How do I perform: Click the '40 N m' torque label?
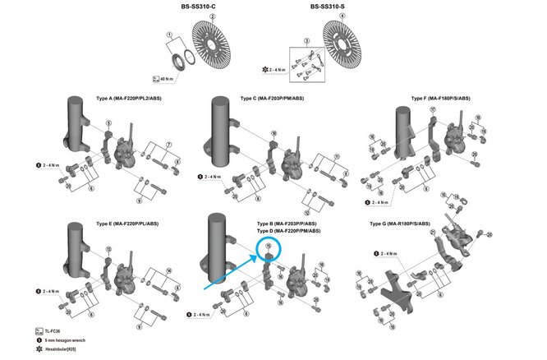coord(167,79)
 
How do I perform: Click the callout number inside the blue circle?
coord(269,244)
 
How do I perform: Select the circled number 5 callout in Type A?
coord(108,123)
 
